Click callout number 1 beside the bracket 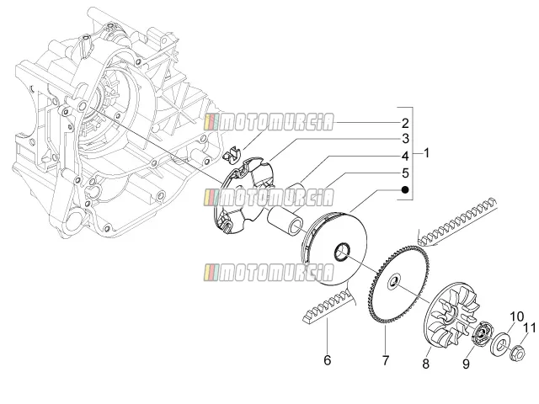pos(426,153)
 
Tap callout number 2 pos(405,123)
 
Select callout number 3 pos(406,139)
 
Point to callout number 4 pos(406,156)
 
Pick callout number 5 pos(406,173)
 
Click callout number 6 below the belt pos(328,360)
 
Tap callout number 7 pos(386,360)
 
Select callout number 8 pos(426,364)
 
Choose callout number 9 pos(466,364)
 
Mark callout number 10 pos(516,316)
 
